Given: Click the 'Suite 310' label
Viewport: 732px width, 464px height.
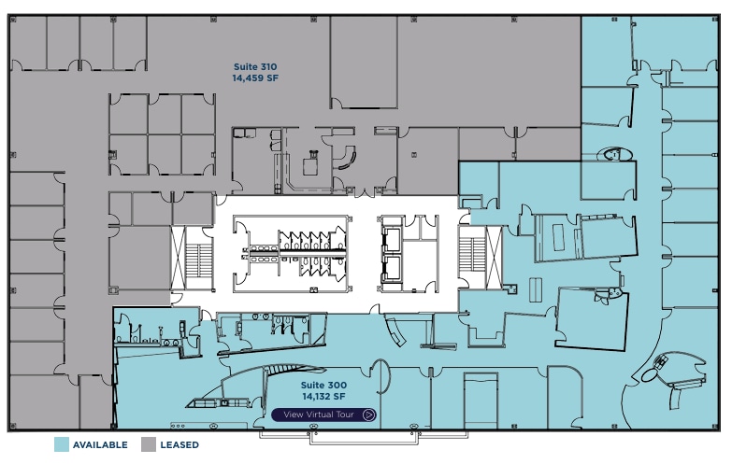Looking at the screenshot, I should (x=254, y=67).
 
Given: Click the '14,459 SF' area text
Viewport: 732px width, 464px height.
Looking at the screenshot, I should (x=254, y=79).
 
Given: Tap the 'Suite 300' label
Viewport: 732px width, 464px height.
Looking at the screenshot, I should (x=323, y=385).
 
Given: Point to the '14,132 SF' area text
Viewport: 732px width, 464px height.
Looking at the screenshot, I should (x=323, y=398).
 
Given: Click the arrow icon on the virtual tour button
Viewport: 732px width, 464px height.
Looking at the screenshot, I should (x=369, y=415).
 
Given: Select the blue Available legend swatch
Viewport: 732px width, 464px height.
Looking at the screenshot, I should (x=63, y=444).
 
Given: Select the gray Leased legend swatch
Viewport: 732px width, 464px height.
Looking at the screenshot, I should (x=150, y=444).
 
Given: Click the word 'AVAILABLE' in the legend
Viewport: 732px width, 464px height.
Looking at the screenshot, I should (x=100, y=445).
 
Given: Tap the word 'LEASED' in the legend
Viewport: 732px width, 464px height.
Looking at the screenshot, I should (x=179, y=445).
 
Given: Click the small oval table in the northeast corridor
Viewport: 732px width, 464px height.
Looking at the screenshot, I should (x=616, y=155).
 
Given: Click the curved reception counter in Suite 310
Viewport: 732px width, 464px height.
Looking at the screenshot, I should (x=347, y=156).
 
